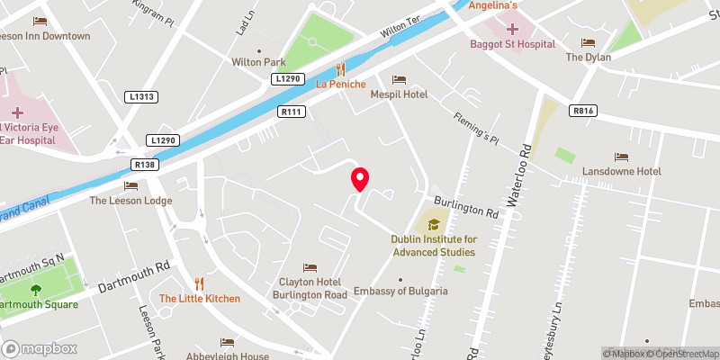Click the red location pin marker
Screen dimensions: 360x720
click(360, 178)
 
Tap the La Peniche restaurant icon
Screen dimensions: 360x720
click(340, 67)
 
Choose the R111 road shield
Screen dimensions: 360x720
click(290, 112)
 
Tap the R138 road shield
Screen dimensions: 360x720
click(144, 165)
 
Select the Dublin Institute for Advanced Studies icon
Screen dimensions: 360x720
click(434, 224)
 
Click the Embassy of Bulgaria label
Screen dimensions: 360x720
click(400, 291)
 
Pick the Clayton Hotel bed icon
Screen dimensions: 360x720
click(310, 267)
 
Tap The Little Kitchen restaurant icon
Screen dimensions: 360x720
click(200, 283)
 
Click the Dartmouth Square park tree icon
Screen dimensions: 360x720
click(36, 290)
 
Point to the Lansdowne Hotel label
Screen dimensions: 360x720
click(622, 171)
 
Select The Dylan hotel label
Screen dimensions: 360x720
click(588, 58)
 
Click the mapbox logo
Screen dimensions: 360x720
click(38, 348)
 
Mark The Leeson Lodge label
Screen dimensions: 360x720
click(130, 201)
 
